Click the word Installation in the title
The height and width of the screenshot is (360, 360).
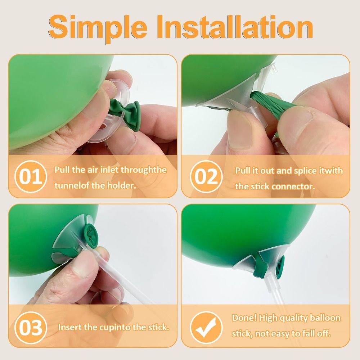tap(235, 27)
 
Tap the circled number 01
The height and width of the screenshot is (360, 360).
tap(31, 176)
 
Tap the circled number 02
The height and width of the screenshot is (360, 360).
tap(206, 176)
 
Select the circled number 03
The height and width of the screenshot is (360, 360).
tap(31, 328)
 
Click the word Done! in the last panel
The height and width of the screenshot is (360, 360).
tap(244, 318)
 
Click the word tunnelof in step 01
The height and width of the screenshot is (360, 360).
tap(68, 185)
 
